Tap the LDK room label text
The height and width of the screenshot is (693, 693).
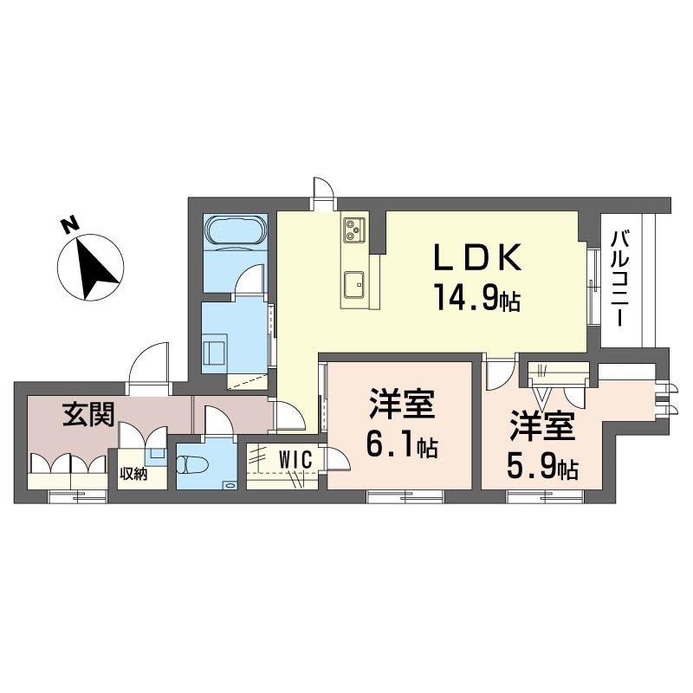478,258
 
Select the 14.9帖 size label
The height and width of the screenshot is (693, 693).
476,301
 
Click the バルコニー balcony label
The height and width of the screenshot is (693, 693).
619,277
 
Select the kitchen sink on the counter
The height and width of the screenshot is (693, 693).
355,283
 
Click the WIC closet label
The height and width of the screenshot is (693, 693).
295,459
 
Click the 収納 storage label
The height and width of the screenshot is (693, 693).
133,474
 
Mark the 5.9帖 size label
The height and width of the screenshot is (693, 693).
541,469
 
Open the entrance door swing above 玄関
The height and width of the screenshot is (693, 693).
149,364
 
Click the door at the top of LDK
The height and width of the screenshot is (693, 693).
322,191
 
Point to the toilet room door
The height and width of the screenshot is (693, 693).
217,422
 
